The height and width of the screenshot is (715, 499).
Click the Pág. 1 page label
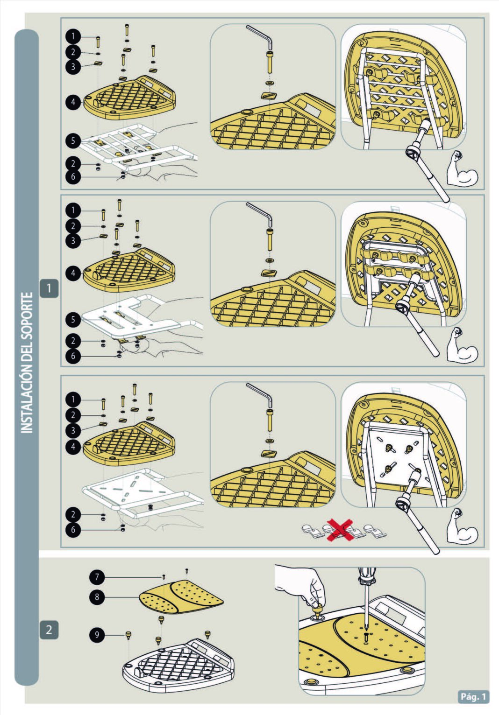[x=473, y=696]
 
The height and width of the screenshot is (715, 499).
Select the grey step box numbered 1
[x=49, y=288]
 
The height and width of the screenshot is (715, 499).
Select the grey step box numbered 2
[x=49, y=630]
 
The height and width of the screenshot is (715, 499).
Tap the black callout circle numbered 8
[x=97, y=596]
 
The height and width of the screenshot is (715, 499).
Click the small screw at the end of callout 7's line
[x=164, y=576]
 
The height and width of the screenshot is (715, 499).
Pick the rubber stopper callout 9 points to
[x=129, y=635]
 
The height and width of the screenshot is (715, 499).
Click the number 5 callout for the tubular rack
[x=73, y=141]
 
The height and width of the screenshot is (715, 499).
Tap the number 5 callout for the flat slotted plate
[x=73, y=320]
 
